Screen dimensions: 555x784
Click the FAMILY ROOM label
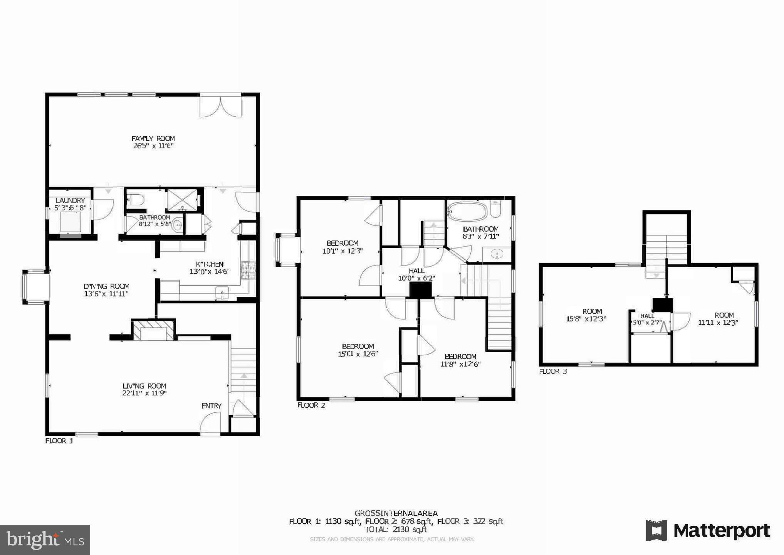tap(153, 139)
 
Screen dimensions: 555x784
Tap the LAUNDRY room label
tap(70, 200)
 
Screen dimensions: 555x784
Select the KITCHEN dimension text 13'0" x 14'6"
tap(209, 272)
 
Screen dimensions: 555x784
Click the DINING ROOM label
tap(106, 286)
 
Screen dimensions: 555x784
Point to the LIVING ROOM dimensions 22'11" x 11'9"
tap(144, 394)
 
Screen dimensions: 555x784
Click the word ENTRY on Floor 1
tap(211, 406)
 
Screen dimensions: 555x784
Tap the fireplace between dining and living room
tap(154, 330)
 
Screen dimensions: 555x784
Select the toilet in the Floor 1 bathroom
tap(136, 200)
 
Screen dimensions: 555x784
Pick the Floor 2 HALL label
tap(416, 271)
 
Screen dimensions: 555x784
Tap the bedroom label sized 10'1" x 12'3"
tap(342, 243)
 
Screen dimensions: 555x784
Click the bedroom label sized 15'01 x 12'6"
tap(358, 346)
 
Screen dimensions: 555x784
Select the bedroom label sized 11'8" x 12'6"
tap(460, 357)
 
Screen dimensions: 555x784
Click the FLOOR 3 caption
tap(553, 372)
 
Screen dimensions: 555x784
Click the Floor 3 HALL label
tap(647, 316)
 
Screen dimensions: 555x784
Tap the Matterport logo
tap(708, 531)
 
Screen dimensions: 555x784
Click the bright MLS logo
tap(45, 540)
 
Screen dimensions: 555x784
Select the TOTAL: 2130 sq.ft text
tap(396, 530)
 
